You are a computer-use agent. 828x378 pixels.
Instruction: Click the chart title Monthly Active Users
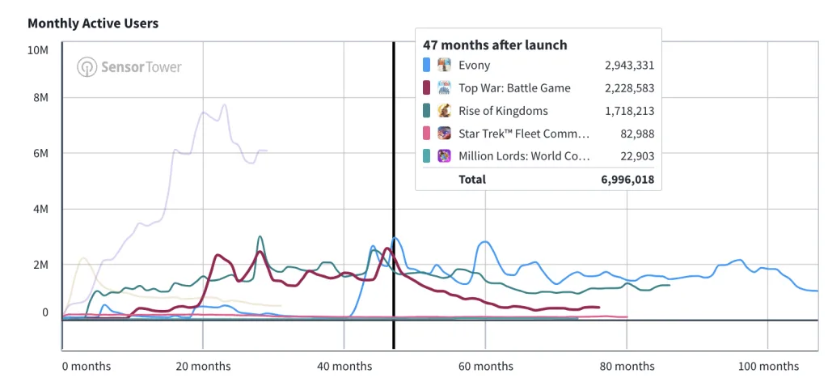[93, 23]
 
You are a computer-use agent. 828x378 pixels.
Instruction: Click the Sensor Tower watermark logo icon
[87, 67]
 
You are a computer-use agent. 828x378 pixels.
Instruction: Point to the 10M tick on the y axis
[38, 50]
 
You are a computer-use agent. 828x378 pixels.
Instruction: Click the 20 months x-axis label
[203, 366]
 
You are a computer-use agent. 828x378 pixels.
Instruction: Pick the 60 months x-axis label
[485, 366]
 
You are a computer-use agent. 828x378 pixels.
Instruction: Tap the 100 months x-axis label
[767, 366]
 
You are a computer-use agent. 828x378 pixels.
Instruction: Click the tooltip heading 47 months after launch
[495, 45]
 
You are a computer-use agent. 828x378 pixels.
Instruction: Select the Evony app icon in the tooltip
[444, 66]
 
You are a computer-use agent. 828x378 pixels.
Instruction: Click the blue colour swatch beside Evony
[426, 66]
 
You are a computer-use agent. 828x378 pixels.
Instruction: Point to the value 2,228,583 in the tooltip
[628, 88]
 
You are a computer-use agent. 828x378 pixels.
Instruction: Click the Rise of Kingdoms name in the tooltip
[503, 111]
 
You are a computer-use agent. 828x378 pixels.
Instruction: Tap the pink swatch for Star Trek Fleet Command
[426, 134]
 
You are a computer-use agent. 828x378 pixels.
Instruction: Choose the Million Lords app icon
[444, 156]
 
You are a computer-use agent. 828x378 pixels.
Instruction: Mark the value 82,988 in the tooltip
[636, 134]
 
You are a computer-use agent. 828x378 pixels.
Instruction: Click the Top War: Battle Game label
[514, 88]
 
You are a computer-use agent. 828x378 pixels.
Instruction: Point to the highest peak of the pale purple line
[224, 104]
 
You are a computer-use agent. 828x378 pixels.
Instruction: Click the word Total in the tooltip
[472, 179]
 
